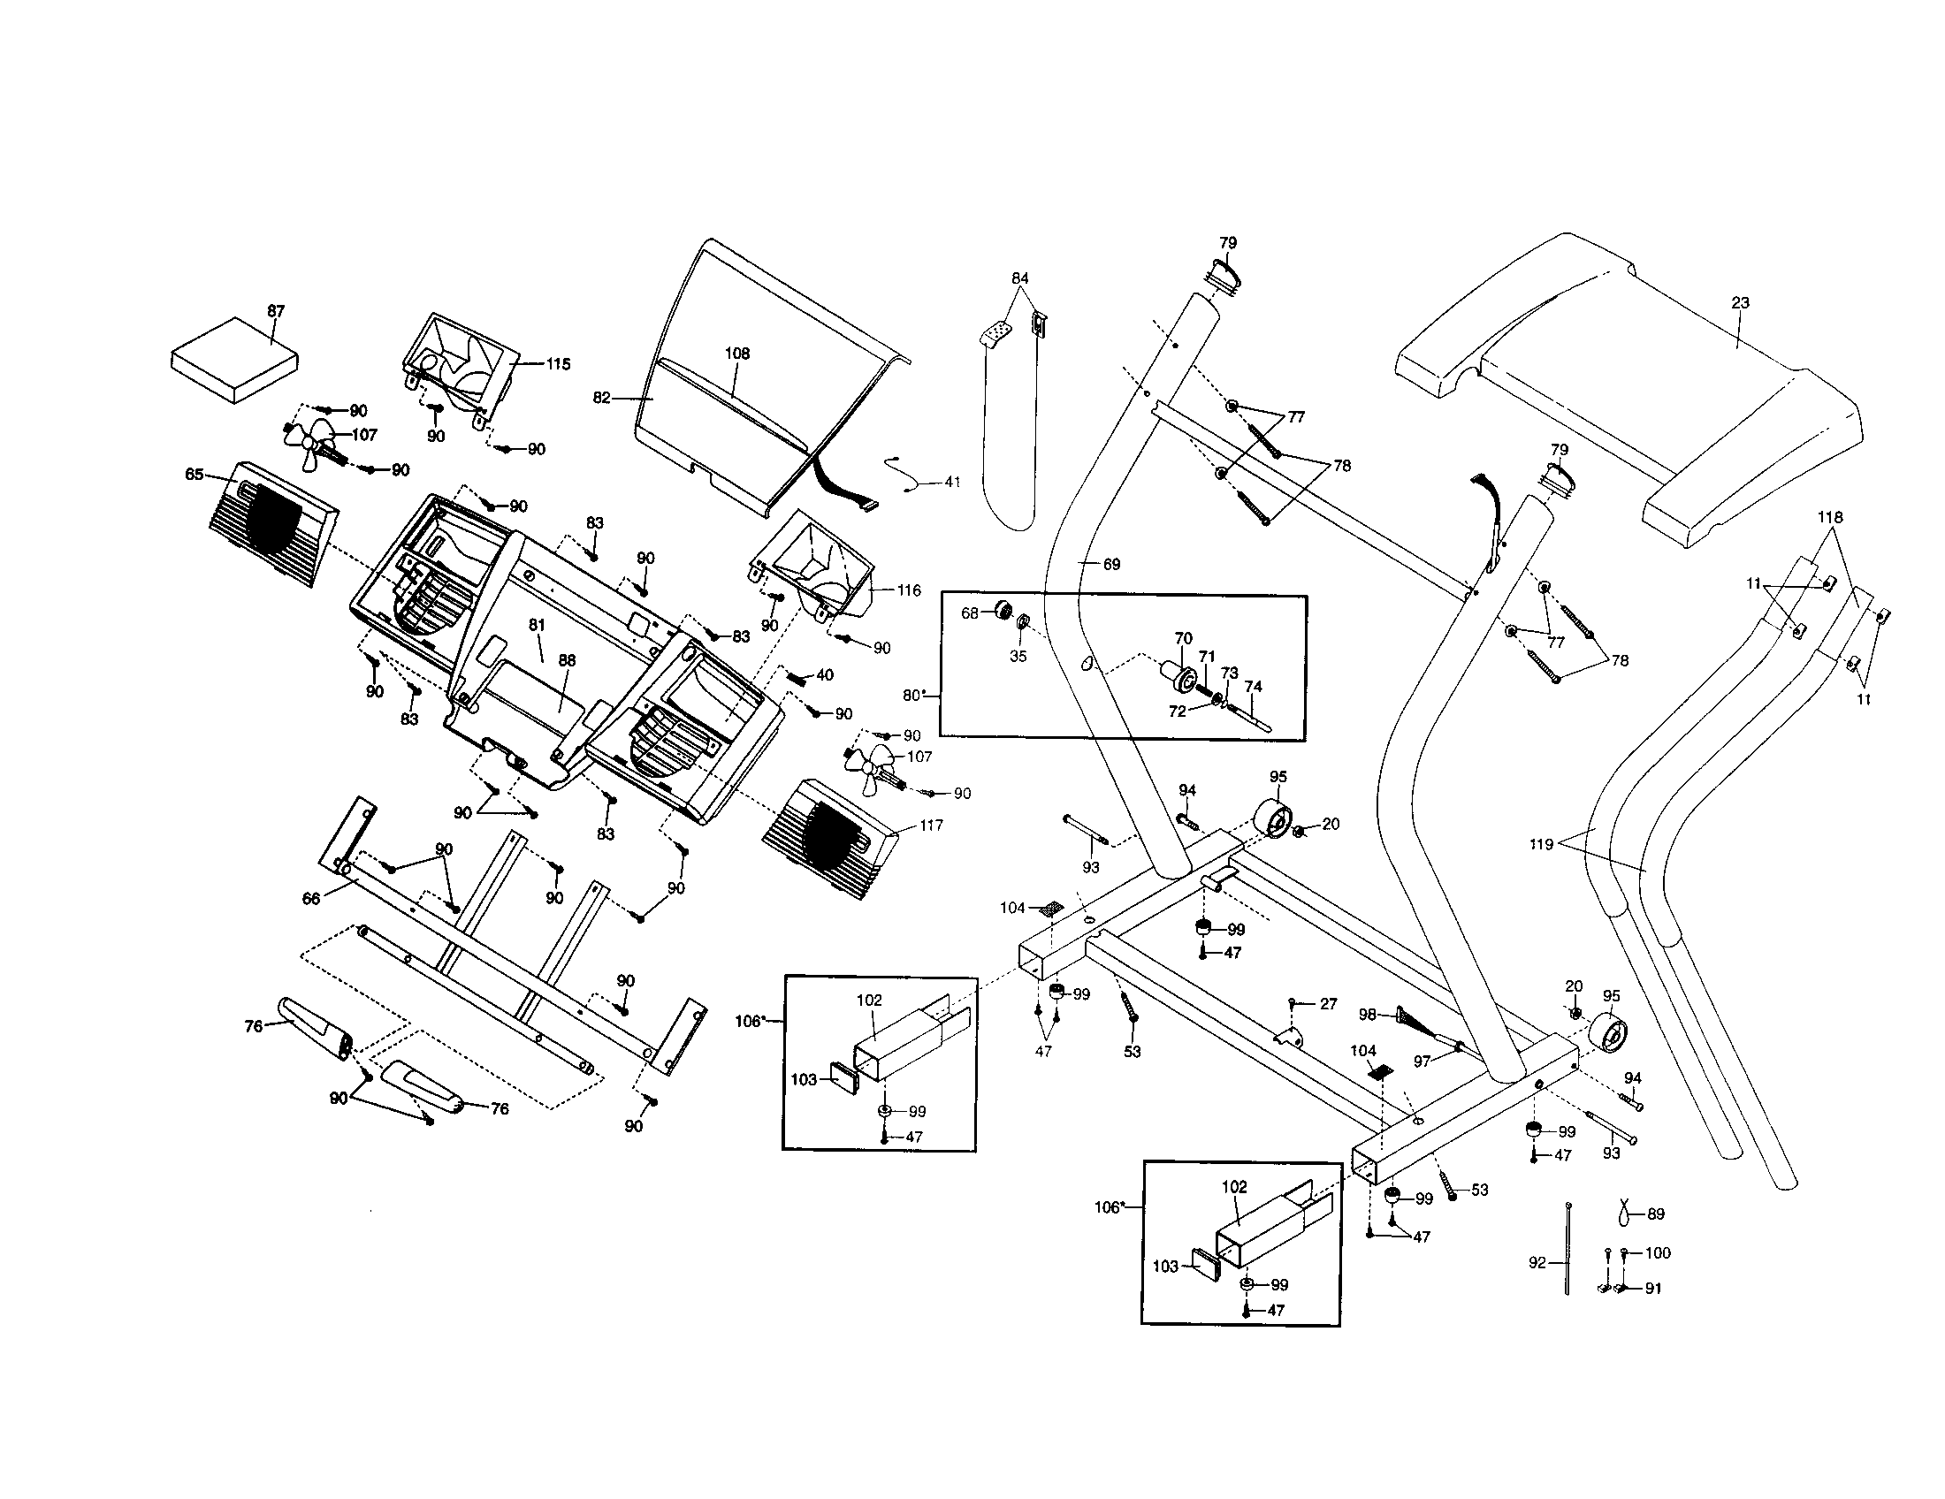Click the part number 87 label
[x=276, y=310]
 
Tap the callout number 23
[x=1740, y=302]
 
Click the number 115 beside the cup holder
[x=558, y=363]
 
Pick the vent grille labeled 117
[x=828, y=839]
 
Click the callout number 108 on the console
[x=736, y=354]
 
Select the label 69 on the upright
[x=1111, y=565]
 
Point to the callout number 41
[x=952, y=482]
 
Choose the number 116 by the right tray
[x=908, y=590]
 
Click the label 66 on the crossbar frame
[x=311, y=899]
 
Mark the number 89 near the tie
[x=1656, y=1214]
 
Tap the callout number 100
[x=1658, y=1253]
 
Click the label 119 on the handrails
[x=1542, y=844]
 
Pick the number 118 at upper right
[x=1830, y=517]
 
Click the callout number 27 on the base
[x=1328, y=1004]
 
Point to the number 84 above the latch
[x=1019, y=278]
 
